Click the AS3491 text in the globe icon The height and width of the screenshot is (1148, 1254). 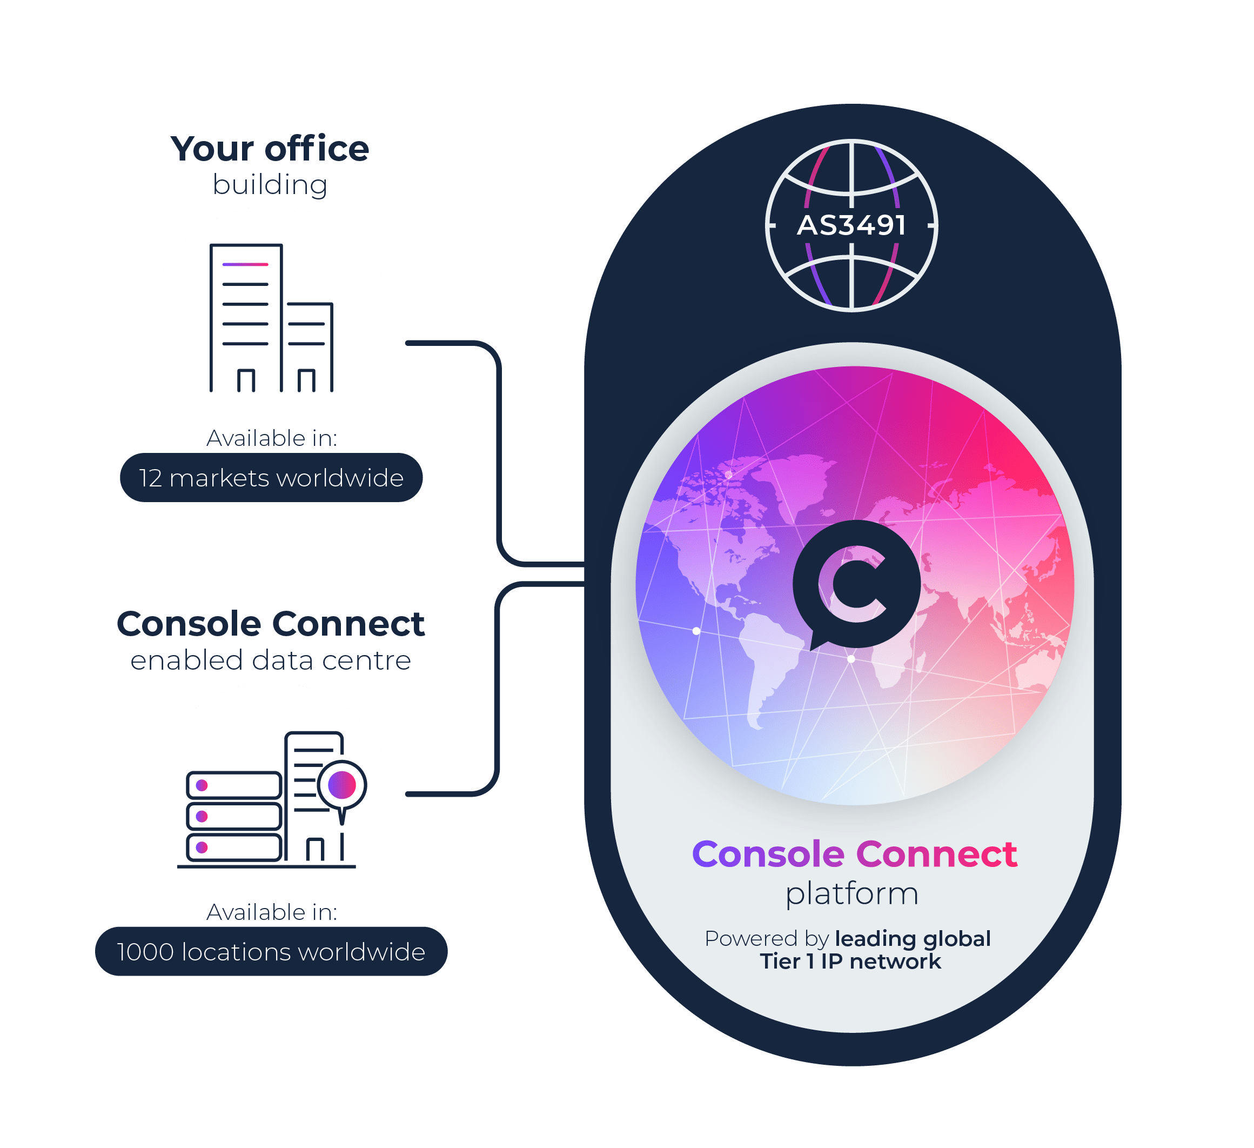[x=851, y=225]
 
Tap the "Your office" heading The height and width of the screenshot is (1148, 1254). [x=270, y=149]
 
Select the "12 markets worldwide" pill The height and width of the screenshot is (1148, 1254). [x=271, y=478]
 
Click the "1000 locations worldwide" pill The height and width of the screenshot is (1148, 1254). [x=271, y=952]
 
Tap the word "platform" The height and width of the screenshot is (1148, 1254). [x=851, y=893]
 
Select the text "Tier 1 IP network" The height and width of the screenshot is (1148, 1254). [x=850, y=962]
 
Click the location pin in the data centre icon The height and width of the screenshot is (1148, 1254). [x=341, y=785]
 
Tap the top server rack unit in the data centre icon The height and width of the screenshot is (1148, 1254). [x=234, y=785]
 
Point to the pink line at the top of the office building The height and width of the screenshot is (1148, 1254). [x=245, y=264]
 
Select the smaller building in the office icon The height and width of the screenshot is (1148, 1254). [x=309, y=346]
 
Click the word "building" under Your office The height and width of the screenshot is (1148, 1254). [x=270, y=185]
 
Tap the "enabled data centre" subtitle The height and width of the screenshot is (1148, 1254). [x=271, y=660]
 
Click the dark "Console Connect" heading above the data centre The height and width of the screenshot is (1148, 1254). [x=271, y=624]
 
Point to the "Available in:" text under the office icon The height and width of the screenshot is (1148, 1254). [x=272, y=438]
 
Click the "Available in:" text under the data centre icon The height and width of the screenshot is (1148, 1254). [x=272, y=912]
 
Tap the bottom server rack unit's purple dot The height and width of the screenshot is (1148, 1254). [x=202, y=847]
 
